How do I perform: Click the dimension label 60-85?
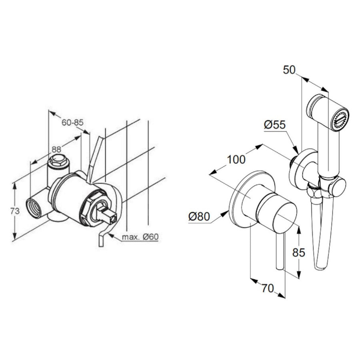(x=72, y=122)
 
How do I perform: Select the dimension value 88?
(x=56, y=150)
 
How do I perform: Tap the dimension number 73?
(x=15, y=211)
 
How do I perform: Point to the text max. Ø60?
(x=140, y=237)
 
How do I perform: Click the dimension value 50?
(x=289, y=70)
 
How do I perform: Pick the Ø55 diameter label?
(x=274, y=125)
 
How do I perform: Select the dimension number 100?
(x=236, y=159)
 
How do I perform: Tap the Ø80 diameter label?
(x=199, y=216)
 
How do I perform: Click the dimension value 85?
(x=299, y=252)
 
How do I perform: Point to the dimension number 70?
(x=268, y=288)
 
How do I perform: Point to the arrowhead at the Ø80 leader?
(x=224, y=214)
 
